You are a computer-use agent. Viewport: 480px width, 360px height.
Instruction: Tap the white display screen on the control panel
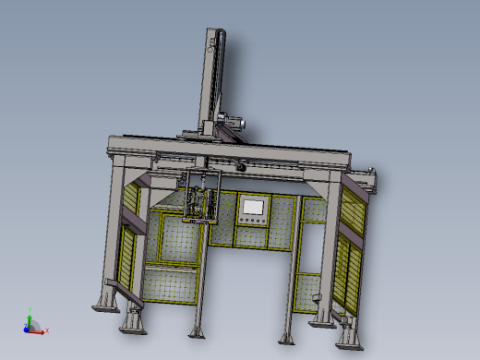(x=252, y=207)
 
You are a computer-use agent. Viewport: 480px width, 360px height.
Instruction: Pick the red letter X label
(x=47, y=330)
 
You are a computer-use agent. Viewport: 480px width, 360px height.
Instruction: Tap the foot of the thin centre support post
(x=196, y=331)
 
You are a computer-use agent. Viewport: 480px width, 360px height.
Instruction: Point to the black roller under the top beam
(x=239, y=166)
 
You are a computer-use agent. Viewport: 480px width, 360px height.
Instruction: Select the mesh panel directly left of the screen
(x=222, y=222)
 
